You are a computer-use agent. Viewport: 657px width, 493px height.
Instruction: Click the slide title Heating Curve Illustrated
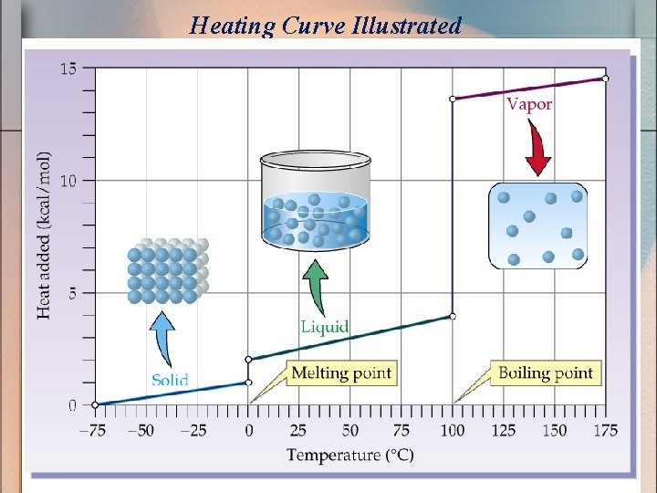[x=326, y=25]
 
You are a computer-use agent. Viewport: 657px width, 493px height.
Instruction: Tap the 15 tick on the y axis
[x=68, y=68]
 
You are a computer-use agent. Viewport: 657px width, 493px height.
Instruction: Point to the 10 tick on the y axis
[x=68, y=180]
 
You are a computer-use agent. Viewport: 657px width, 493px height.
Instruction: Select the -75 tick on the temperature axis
[x=95, y=430]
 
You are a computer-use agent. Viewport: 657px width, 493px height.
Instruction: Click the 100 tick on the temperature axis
[x=452, y=430]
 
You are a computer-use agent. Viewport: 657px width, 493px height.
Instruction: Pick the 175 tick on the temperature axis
[x=605, y=430]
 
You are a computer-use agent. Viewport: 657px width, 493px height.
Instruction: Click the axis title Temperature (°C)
[x=350, y=454]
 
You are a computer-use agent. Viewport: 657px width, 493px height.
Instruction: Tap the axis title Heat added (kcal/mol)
[x=44, y=235]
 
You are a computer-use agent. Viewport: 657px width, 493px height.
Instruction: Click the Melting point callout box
[x=340, y=372]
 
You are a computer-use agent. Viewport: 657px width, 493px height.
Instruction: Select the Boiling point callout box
[x=546, y=372]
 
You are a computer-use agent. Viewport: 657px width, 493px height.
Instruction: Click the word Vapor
[x=529, y=104]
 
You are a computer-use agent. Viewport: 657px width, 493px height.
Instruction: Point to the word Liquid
[x=325, y=327]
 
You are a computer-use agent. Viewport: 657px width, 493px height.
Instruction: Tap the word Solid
[x=170, y=380]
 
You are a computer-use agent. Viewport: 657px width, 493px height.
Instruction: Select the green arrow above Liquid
[x=316, y=287]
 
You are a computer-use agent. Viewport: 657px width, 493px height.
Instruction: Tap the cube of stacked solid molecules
[x=167, y=271]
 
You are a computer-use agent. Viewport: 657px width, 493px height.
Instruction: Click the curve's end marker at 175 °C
[x=605, y=79]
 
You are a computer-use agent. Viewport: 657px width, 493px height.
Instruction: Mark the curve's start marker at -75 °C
[x=95, y=404]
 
